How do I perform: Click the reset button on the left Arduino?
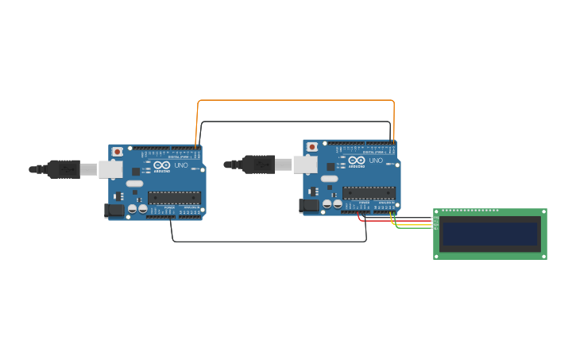pyautogui.click(x=118, y=151)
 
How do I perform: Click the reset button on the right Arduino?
pyautogui.click(x=312, y=147)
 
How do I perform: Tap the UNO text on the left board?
pyautogui.click(x=181, y=165)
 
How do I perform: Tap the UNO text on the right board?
pyautogui.click(x=376, y=161)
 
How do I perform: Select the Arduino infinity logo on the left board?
pyautogui.click(x=162, y=165)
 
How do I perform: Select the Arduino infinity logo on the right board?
pyautogui.click(x=357, y=161)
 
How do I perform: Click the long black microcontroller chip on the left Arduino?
pyautogui.click(x=174, y=198)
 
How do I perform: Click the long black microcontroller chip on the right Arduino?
pyautogui.click(x=369, y=193)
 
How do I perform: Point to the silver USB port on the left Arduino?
pyautogui.click(x=110, y=169)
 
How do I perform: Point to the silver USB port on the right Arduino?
pyautogui.click(x=305, y=165)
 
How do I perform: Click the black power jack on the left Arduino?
pyautogui.click(x=114, y=211)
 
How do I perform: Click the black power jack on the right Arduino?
pyautogui.click(x=309, y=206)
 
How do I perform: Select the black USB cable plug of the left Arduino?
pyautogui.click(x=64, y=168)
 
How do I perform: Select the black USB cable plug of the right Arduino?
pyautogui.click(x=258, y=165)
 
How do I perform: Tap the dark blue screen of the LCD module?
pyautogui.click(x=489, y=234)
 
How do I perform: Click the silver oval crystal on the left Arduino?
pyautogui.click(x=134, y=184)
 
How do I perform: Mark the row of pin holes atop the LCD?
pyautogui.click(x=470, y=211)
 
